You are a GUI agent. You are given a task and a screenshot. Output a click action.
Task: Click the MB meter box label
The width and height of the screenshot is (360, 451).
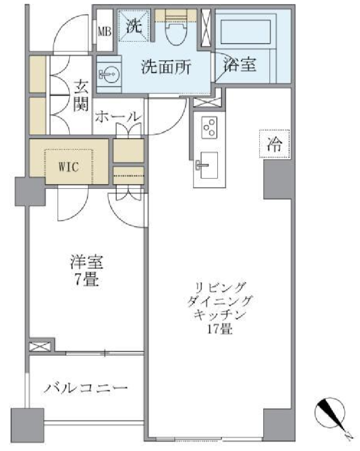pyautogui.click(x=105, y=31)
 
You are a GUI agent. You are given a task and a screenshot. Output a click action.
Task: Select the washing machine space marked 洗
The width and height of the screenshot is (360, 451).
pyautogui.click(x=134, y=25)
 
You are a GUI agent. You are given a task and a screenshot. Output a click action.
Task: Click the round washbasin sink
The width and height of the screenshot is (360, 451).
pyautogui.click(x=109, y=74)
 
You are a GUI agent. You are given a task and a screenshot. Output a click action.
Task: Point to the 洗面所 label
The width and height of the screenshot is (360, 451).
pyautogui.click(x=166, y=67)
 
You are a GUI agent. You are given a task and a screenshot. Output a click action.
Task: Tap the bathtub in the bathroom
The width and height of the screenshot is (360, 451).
pyautogui.click(x=245, y=32)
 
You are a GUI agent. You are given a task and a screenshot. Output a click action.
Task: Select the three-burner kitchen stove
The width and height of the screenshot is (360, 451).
pyautogui.click(x=209, y=128)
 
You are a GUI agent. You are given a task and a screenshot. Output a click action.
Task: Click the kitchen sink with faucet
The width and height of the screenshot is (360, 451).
pyautogui.click(x=207, y=165)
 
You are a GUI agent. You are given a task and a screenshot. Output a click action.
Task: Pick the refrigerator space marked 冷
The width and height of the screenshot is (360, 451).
pyautogui.click(x=274, y=144)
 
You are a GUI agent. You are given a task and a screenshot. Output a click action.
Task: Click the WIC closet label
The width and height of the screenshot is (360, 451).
pyautogui.click(x=68, y=166)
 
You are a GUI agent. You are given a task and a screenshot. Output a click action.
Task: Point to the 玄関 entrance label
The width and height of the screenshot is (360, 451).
pyautogui.click(x=81, y=96)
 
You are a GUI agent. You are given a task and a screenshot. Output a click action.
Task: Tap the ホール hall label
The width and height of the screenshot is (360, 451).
pyautogui.click(x=118, y=117)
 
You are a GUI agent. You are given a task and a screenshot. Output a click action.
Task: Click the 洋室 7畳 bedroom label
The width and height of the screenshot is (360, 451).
pyautogui.click(x=86, y=270)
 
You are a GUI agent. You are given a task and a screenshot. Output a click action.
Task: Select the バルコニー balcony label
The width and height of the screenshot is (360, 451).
pyautogui.click(x=85, y=388)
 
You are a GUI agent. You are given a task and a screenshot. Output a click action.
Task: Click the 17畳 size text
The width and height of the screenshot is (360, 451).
pyautogui.click(x=219, y=329)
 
